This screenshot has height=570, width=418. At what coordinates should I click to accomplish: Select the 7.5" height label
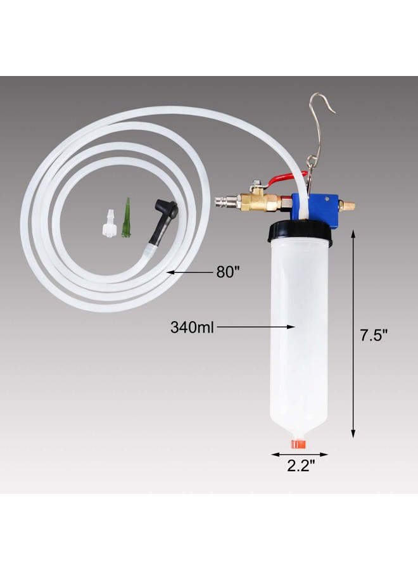pos(374,336)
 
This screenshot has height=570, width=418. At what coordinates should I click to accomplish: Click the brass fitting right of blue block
pos(346,205)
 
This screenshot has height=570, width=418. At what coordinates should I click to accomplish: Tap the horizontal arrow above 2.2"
pos(300,455)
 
